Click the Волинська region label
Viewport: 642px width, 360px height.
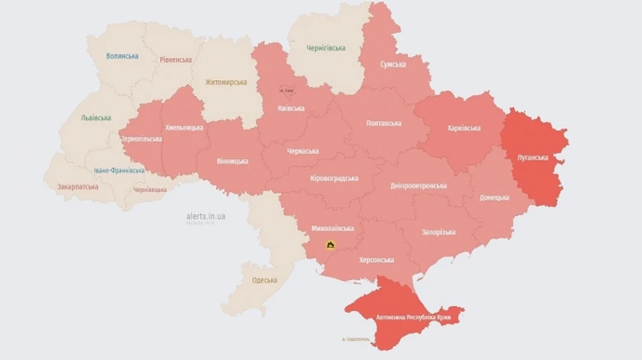122,56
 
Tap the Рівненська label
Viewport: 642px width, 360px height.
175,60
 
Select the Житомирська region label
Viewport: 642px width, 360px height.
225,83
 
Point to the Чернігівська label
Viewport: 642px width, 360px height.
326,48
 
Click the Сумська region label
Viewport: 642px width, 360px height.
392,64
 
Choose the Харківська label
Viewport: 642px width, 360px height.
464,128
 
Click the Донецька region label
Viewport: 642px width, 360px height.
494,197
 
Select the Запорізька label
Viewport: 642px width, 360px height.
439,232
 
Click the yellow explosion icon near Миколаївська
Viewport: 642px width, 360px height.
330,245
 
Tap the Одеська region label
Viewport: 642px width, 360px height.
265,280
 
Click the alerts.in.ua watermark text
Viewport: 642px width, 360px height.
205,216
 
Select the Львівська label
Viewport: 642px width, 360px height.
96,118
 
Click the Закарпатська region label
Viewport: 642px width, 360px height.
78,187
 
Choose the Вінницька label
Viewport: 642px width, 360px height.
232,161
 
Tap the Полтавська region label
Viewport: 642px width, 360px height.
384,123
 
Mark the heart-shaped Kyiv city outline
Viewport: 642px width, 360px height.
287,91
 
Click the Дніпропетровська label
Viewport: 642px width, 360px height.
419,186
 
